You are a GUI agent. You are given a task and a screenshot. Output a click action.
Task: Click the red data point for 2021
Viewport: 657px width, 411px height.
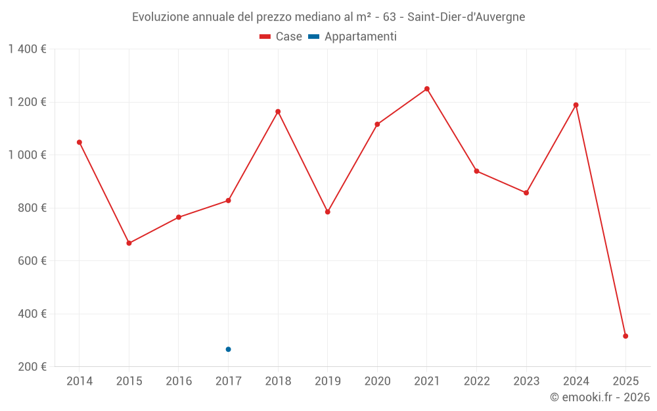click(x=427, y=89)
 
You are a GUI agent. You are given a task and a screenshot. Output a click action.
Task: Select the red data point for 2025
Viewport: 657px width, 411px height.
click(x=625, y=336)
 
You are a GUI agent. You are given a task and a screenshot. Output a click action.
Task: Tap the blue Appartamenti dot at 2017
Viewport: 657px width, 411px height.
click(x=228, y=349)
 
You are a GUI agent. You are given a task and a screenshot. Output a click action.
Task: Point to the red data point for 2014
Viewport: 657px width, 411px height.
click(x=79, y=142)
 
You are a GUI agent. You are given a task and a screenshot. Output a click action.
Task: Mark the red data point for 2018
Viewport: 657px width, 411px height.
click(x=278, y=112)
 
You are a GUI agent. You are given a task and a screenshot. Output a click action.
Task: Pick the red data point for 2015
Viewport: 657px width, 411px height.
click(x=129, y=243)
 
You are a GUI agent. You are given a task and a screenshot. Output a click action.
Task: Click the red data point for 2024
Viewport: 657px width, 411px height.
click(x=576, y=105)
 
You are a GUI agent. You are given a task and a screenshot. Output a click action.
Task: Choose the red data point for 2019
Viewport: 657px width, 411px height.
click(x=328, y=212)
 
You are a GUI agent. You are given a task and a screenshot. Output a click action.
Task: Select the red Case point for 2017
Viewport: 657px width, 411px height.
click(x=228, y=201)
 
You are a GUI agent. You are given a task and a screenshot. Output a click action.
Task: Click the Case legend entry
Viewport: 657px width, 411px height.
click(x=281, y=37)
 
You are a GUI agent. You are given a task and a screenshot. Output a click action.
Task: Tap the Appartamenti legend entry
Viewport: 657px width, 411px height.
click(x=353, y=37)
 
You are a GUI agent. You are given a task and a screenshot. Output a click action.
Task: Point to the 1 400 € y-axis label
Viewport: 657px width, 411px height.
click(x=27, y=49)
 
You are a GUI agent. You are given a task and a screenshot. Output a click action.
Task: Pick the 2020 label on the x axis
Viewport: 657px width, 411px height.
click(x=377, y=381)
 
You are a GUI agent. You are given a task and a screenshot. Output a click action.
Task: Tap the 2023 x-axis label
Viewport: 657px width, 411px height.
click(x=526, y=381)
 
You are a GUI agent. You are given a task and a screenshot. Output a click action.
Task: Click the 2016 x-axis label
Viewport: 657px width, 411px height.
click(x=179, y=381)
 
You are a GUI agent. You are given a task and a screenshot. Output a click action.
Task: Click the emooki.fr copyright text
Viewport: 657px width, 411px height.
click(x=600, y=397)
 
